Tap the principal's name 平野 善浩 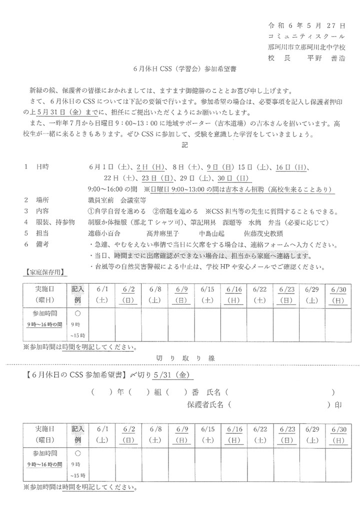point(326,57)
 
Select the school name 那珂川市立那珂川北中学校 point(306,46)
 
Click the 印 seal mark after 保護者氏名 point(339,405)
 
